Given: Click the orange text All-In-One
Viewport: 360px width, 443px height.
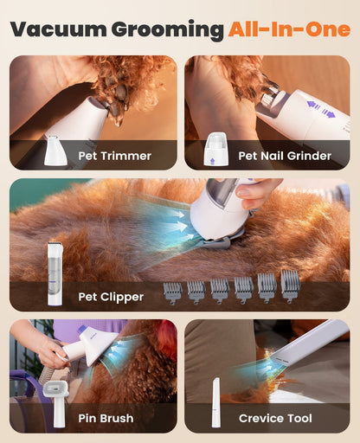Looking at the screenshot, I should pyautogui.click(x=288, y=29).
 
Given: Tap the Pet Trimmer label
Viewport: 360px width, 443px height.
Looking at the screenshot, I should pyautogui.click(x=114, y=156).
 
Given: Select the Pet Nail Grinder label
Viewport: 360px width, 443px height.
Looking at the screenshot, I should pyautogui.click(x=285, y=156).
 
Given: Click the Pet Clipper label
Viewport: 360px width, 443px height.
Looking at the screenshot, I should pyautogui.click(x=111, y=296).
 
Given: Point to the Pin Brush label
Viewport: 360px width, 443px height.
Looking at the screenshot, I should pyautogui.click(x=105, y=418).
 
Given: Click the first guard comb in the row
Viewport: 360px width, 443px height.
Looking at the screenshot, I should pyautogui.click(x=172, y=292).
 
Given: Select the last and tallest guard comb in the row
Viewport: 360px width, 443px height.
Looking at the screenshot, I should pyautogui.click(x=290, y=286).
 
